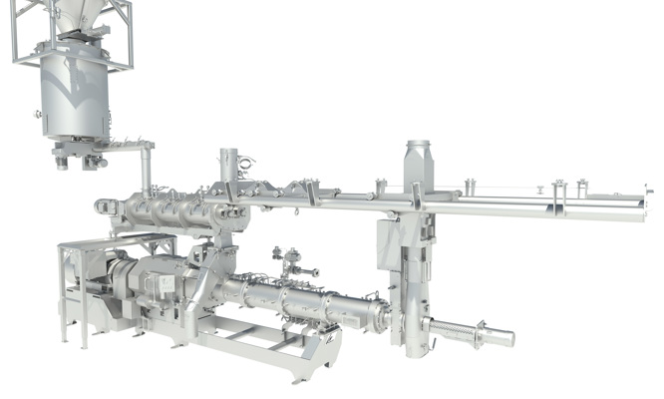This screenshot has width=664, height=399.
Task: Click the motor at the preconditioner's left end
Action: tap(104, 206)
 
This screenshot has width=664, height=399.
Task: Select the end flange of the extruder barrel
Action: tap(378, 317)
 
